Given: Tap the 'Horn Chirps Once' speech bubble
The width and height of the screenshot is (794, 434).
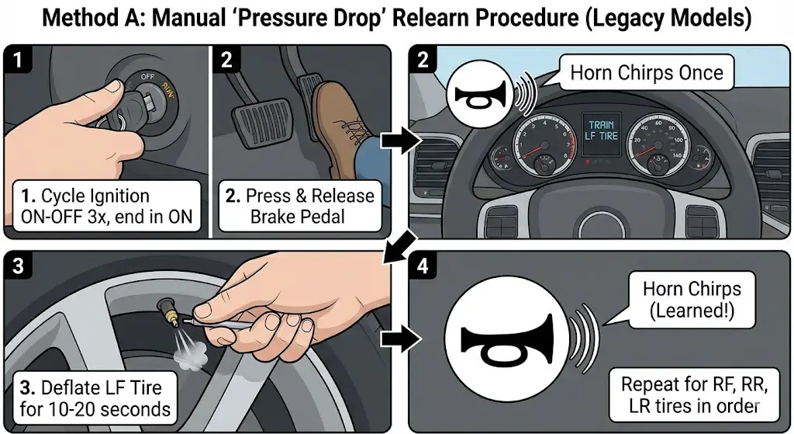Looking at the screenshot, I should tap(646, 74).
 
